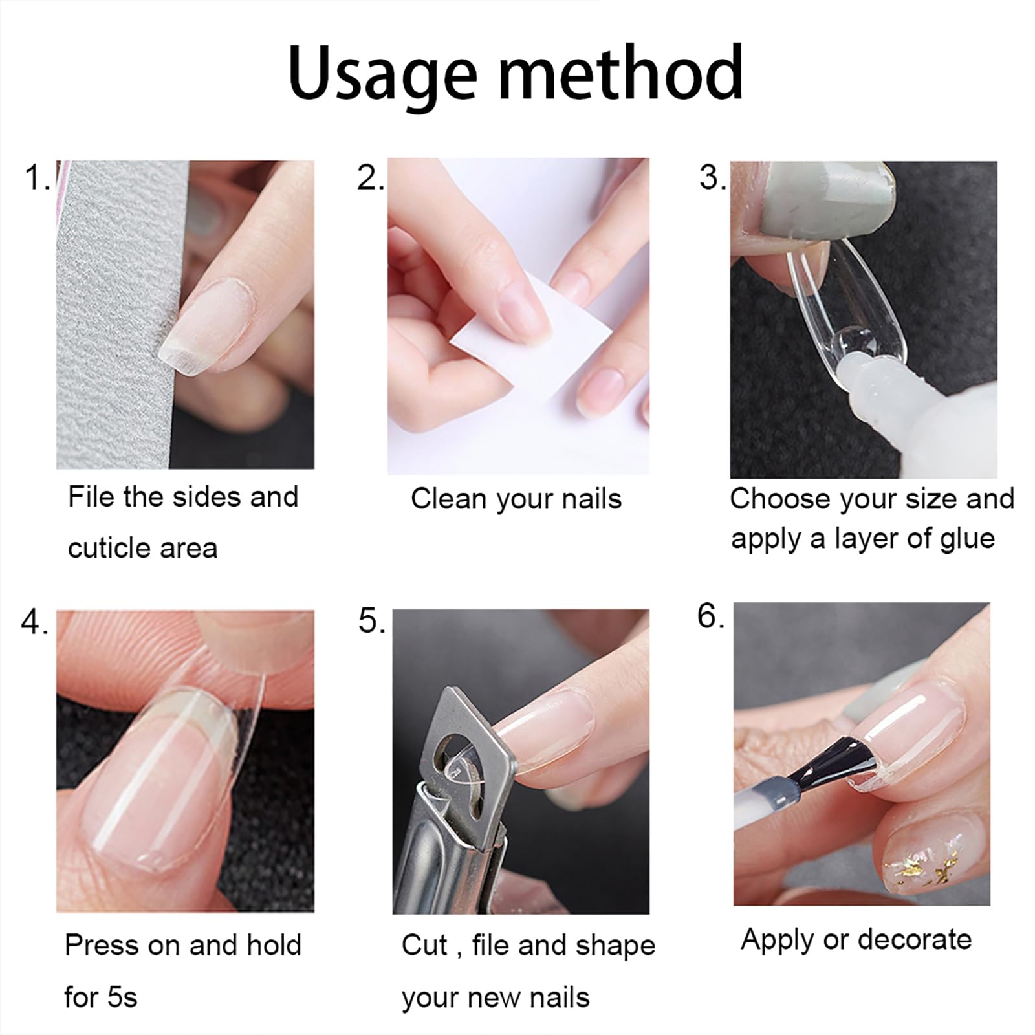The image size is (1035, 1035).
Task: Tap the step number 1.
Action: pos(36,178)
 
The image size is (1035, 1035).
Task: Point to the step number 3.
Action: pos(712,178)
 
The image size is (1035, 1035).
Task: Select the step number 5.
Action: pos(371,622)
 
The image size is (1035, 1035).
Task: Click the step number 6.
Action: pos(709,616)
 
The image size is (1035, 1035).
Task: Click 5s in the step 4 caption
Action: pos(119,997)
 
